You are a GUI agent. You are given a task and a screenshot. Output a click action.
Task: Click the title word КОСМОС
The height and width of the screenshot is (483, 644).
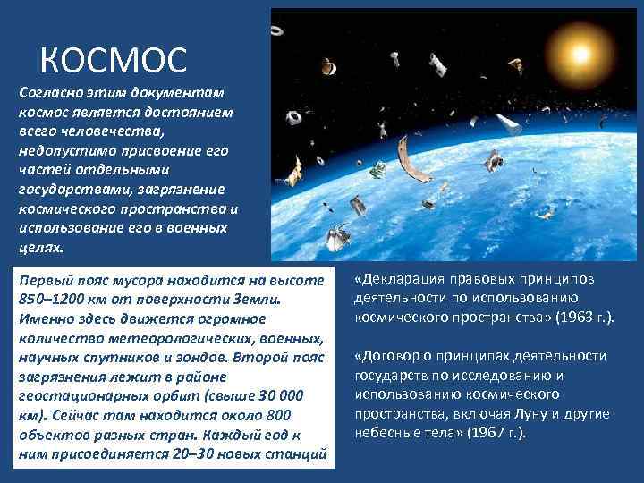tap(114, 60)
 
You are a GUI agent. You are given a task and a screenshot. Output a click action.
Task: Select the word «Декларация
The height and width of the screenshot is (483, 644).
tap(400, 279)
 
